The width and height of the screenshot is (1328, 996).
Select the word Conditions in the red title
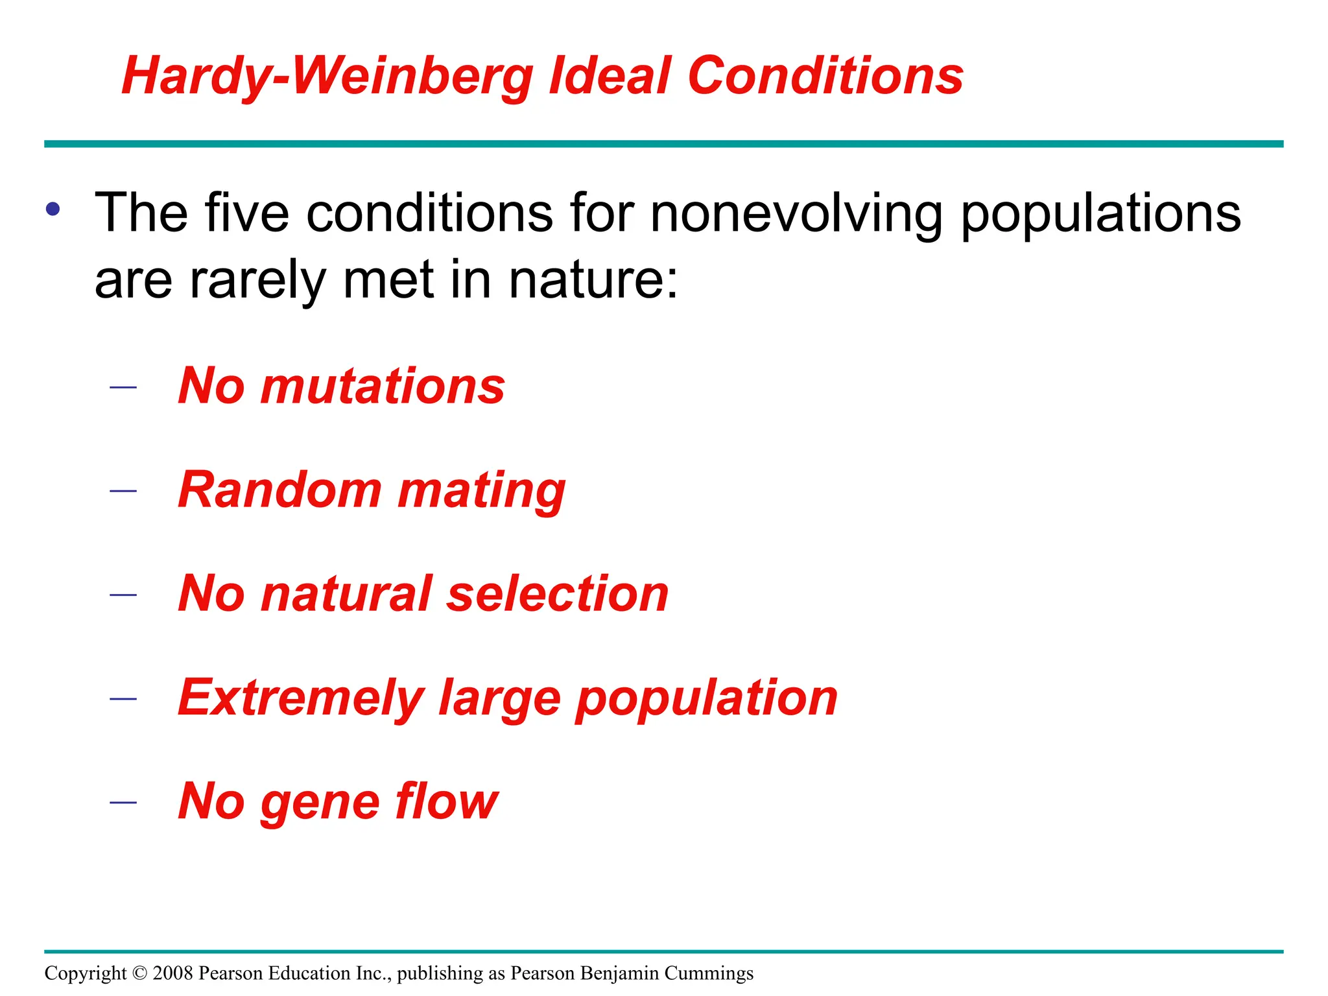pos(825,77)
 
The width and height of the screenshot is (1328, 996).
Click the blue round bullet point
pos(53,209)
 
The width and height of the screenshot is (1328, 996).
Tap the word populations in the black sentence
pos(1100,214)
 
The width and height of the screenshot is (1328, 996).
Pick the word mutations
pos(383,386)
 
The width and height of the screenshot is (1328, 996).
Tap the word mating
pos(482,491)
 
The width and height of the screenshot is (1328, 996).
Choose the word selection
pos(558,594)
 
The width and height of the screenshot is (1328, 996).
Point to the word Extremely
pos(301,698)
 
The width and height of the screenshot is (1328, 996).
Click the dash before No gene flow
pos(123,803)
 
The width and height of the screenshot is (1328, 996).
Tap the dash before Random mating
pos(123,491)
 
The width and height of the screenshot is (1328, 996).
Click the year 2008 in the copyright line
pos(173,973)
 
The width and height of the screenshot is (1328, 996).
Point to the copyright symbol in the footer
pos(139,973)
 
